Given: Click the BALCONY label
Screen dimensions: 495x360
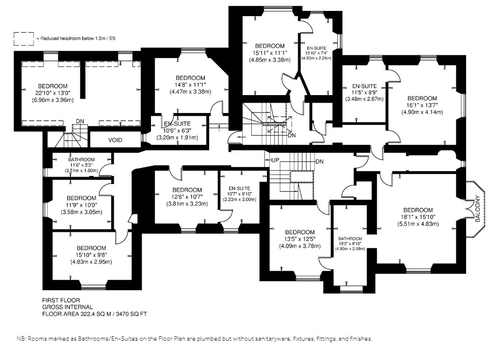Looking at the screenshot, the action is [477, 209].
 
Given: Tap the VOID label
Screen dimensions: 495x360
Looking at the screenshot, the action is [115, 140].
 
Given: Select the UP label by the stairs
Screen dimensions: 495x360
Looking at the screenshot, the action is [275, 160].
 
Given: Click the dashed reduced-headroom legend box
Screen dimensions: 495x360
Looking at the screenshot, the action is [24, 39].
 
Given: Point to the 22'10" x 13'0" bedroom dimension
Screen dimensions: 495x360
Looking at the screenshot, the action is [53, 93].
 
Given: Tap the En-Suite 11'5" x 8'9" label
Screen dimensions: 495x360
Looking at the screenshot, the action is [364, 92].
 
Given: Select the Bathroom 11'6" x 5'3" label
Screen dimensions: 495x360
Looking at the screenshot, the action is [81, 165].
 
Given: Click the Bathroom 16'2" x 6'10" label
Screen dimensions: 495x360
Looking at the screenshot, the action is [350, 244].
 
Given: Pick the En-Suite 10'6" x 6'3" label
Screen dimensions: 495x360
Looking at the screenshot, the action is [177, 131].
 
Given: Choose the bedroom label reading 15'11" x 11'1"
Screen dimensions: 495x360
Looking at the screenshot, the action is [270, 53].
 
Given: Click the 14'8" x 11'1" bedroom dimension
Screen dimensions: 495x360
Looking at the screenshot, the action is [190, 85].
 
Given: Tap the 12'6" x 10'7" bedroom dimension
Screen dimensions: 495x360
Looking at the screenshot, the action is [187, 197].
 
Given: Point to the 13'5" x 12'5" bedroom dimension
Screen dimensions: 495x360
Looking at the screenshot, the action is [300, 239].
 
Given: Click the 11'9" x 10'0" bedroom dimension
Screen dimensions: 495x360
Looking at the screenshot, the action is [81, 205].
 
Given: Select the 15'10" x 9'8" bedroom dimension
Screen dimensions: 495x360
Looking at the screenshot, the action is [91, 255].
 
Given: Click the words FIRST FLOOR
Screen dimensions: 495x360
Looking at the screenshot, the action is [61, 300].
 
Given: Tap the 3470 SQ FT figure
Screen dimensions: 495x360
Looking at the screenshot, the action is [132, 314].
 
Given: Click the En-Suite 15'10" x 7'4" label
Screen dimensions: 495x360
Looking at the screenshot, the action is [316, 53].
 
